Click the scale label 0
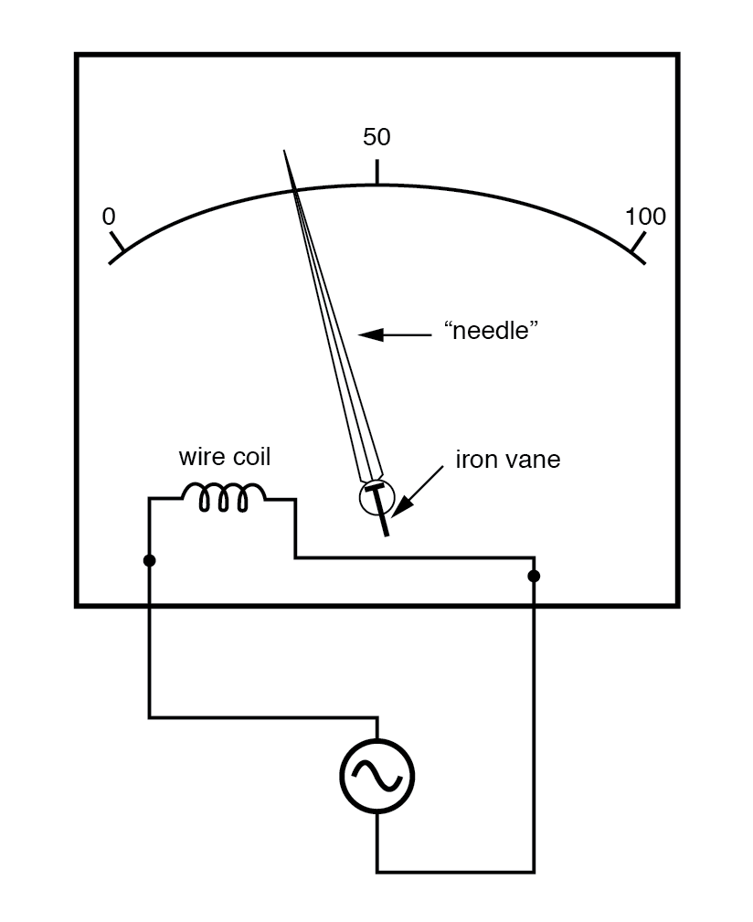(109, 217)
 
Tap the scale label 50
(376, 137)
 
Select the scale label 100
(645, 217)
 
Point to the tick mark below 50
(376, 171)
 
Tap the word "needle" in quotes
(486, 332)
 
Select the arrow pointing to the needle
(394, 335)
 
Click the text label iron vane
(508, 460)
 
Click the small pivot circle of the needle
(376, 496)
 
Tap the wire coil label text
(225, 456)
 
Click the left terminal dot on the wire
(150, 559)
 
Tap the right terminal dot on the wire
(534, 576)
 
